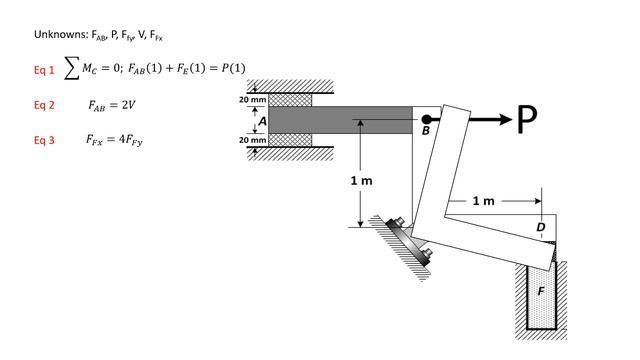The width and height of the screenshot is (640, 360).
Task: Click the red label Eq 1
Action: [44, 70]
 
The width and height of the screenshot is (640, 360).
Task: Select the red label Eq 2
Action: [44, 105]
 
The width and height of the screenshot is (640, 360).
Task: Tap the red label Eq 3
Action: [44, 140]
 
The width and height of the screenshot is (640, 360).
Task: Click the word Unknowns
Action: [61, 34]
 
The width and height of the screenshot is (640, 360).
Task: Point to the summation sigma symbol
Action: [71, 68]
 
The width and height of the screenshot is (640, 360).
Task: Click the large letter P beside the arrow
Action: [527, 119]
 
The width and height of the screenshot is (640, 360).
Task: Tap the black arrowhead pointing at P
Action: [504, 119]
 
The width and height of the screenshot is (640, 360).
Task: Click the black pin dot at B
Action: [426, 119]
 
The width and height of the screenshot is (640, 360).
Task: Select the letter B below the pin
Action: [426, 131]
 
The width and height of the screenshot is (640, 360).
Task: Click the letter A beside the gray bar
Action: [262, 121]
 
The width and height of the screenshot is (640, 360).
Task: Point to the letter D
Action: [541, 227]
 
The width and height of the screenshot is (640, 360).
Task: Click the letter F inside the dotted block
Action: [541, 291]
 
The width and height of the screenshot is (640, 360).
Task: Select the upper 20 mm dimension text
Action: [253, 100]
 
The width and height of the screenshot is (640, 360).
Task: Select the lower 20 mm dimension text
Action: [253, 140]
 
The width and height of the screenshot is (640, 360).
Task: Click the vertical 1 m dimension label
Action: [362, 180]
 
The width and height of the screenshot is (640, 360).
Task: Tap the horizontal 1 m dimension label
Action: [484, 201]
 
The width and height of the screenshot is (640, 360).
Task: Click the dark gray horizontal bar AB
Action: [340, 120]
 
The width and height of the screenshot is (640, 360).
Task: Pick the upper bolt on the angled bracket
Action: [399, 221]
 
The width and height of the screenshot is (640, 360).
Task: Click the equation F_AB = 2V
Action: [111, 105]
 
